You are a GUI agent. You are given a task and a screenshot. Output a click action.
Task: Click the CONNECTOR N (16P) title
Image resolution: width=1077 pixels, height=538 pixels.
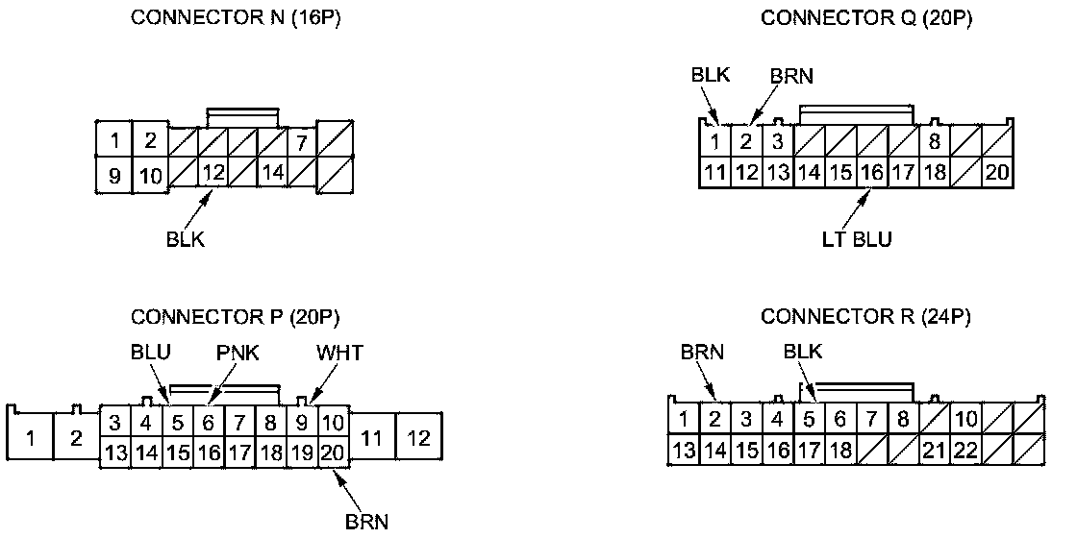(236, 19)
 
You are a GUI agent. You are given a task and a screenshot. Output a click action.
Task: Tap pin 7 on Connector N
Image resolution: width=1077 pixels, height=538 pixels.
(301, 142)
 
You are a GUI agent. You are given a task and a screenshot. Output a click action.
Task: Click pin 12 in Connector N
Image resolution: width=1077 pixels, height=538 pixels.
(214, 174)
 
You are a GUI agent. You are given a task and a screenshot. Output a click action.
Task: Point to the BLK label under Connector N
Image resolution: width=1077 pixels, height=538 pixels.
(185, 239)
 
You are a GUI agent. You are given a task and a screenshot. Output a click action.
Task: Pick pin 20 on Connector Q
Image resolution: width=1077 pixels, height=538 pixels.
(995, 174)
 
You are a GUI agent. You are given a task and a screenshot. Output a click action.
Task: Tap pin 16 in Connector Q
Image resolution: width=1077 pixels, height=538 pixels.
(871, 174)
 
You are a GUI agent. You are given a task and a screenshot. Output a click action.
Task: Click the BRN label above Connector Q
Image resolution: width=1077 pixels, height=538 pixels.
(792, 76)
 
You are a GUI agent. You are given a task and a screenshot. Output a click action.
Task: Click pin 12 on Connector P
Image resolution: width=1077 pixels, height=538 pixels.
(418, 439)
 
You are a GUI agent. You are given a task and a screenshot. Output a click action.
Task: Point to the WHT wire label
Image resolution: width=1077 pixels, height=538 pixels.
(340, 354)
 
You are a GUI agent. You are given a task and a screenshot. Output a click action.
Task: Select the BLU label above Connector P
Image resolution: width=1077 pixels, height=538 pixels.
(151, 354)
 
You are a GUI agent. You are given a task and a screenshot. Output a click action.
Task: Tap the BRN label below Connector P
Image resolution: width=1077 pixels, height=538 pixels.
(366, 522)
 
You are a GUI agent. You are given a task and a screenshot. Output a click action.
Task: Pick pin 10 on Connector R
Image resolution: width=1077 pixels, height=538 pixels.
(966, 419)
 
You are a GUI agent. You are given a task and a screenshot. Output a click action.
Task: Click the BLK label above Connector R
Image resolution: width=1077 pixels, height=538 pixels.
(803, 353)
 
